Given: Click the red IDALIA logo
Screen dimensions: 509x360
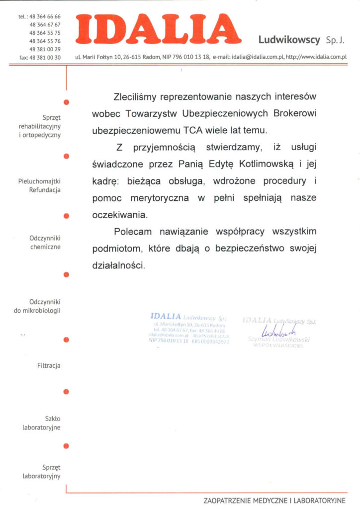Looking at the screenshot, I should pos(158,29).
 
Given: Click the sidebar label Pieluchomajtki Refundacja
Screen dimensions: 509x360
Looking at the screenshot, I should pos(39,185).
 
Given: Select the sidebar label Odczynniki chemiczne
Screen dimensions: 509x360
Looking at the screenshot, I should pos(45,243).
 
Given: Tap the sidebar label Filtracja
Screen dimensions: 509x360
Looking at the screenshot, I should pos(49,366).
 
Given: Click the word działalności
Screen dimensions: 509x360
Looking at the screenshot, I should pos(118,266).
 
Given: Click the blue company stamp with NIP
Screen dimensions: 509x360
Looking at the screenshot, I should pos(189,330).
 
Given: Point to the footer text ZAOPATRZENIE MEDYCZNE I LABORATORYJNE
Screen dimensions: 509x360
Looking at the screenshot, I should pos(274,500).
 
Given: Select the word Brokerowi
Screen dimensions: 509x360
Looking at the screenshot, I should pos(295,113).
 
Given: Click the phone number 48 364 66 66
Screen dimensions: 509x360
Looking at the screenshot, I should pos(45,16).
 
